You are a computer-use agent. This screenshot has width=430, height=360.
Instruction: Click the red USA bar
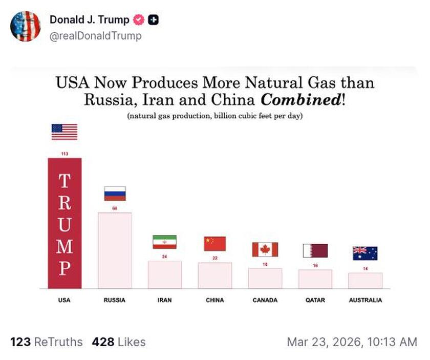click(64, 223)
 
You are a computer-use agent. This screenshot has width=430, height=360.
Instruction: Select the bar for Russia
click(115, 250)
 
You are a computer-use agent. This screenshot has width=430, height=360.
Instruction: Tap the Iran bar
click(165, 274)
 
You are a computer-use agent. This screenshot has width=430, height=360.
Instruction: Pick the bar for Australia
click(365, 281)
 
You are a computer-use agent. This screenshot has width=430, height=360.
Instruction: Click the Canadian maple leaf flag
click(265, 249)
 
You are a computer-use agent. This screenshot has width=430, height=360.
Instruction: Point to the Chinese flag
click(215, 244)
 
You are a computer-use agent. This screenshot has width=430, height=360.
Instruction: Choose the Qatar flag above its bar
click(315, 250)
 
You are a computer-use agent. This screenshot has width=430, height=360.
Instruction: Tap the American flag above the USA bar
click(64, 132)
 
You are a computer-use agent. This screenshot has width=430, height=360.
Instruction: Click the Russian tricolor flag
click(115, 194)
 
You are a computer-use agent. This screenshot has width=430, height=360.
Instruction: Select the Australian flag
click(365, 253)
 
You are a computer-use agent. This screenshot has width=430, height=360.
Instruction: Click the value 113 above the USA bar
click(64, 154)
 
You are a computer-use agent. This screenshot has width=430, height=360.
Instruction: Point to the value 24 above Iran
click(164, 256)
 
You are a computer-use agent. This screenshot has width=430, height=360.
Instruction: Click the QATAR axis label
click(315, 300)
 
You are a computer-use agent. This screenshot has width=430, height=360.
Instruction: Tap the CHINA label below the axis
click(215, 300)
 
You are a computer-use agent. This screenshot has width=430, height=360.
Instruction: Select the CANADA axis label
click(265, 300)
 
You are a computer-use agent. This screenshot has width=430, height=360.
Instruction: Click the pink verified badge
click(138, 20)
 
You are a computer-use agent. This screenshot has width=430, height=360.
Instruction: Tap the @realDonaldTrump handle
click(96, 36)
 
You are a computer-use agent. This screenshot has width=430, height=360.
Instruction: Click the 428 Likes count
click(119, 342)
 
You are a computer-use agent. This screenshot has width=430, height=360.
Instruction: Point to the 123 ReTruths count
click(46, 342)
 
